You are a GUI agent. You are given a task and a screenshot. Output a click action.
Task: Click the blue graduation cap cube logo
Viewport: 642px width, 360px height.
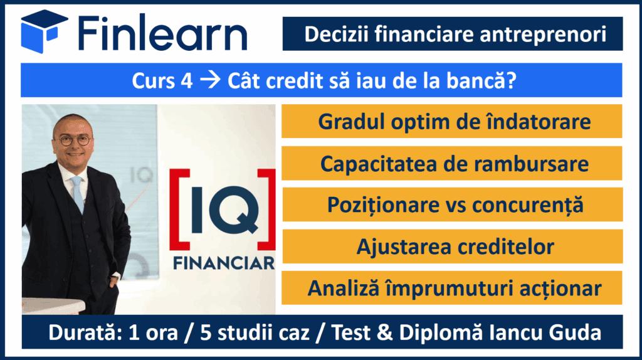(x=45, y=31)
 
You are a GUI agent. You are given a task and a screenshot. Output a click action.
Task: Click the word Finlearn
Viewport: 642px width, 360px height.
(x=162, y=33)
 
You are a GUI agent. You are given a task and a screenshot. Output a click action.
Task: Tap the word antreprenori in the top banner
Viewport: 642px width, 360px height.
(x=543, y=34)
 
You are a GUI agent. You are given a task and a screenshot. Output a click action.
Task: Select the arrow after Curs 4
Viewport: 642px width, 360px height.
(x=209, y=80)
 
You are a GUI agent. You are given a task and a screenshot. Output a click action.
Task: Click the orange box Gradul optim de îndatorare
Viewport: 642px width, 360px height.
(x=451, y=121)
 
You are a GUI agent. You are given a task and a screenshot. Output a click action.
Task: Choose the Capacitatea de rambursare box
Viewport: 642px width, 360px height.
(x=451, y=163)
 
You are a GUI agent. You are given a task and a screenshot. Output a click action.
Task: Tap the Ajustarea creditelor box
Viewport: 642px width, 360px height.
(x=452, y=246)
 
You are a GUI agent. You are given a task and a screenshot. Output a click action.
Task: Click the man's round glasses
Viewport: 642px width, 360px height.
(x=73, y=140)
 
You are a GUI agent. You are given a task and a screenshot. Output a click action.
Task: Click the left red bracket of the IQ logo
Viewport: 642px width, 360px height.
(x=179, y=209)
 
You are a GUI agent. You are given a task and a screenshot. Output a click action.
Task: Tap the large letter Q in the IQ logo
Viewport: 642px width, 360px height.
(x=234, y=211)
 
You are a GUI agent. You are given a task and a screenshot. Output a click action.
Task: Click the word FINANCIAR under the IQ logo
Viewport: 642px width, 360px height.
(x=224, y=263)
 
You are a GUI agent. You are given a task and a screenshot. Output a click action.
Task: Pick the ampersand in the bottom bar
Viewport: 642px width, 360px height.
(x=384, y=332)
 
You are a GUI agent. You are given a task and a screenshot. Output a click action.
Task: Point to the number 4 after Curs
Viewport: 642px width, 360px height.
(x=186, y=81)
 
